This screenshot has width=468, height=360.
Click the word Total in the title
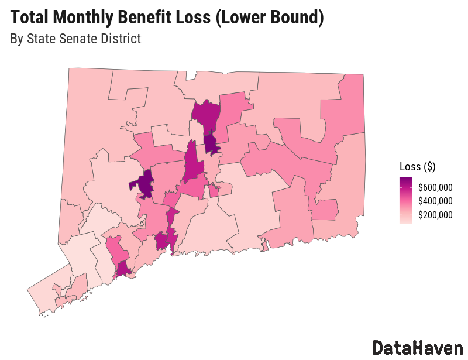[x=29, y=18]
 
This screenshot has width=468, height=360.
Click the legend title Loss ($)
[x=417, y=166]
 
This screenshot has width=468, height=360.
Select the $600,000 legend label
[x=435, y=187]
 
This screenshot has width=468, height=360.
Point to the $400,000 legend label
[x=435, y=201]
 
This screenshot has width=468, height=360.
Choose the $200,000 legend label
[x=435, y=215]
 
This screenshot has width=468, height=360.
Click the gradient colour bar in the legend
[x=405, y=200]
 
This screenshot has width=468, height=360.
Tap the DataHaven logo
[x=417, y=347]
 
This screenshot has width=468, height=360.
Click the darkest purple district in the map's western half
[x=144, y=183]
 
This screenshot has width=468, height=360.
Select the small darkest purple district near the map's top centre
[x=211, y=143]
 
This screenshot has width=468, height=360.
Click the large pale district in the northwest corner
[x=88, y=117]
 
